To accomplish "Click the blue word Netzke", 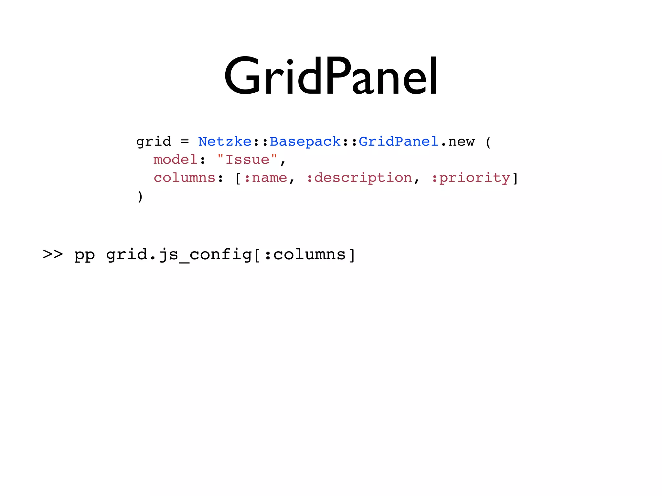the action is tap(225, 141).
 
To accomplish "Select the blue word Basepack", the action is tap(305, 141).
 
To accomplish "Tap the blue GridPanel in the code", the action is tap(398, 141).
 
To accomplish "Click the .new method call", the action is tap(457, 141).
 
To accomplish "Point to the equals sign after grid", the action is tap(185, 141).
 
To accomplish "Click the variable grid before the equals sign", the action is tap(154, 141).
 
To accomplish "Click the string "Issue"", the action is tap(247, 160).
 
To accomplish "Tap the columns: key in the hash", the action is tap(188, 178).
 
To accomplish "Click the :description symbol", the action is tap(359, 178).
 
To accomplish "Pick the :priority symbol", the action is tap(471, 178).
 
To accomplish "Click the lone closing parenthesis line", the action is tap(140, 196).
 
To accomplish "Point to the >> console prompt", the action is tap(53, 254).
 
